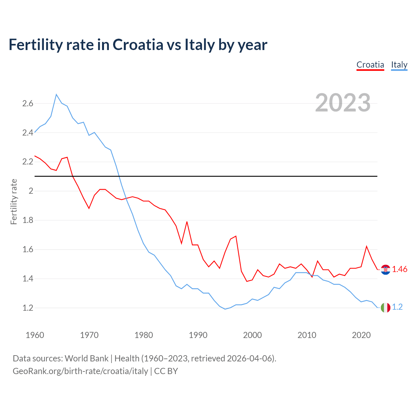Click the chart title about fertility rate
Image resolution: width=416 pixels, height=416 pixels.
coord(138,45)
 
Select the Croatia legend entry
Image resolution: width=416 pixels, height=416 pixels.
coord(370,65)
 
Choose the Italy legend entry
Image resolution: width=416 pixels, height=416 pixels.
coord(399,65)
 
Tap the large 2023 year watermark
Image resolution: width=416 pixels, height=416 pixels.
coord(343,103)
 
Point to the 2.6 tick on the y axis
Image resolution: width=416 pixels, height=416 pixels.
coord(28,104)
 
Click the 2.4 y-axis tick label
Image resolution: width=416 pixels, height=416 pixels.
coord(28,133)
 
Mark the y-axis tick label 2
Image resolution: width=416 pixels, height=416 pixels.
coord(31,191)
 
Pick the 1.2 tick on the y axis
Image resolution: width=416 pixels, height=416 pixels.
coord(28,308)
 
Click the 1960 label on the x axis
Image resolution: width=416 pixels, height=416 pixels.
coord(35,335)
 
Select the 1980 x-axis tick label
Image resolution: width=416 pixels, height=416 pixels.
coord(144,335)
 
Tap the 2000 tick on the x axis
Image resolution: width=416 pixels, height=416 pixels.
coord(252,335)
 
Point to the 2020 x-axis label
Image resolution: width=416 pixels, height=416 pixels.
coord(361,335)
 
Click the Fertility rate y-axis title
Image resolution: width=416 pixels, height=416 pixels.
coord(14,201)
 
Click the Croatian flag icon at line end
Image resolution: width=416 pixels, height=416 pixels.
coord(385,269)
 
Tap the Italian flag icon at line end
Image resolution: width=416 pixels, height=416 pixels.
coord(385,307)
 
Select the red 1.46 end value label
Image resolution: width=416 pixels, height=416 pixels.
coord(399,269)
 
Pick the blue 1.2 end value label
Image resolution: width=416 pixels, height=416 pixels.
coord(397,307)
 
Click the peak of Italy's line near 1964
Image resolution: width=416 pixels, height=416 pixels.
coord(56,95)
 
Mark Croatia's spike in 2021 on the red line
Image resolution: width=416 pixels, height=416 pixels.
coord(367,246)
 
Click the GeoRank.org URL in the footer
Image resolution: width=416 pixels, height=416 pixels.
coord(80,371)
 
